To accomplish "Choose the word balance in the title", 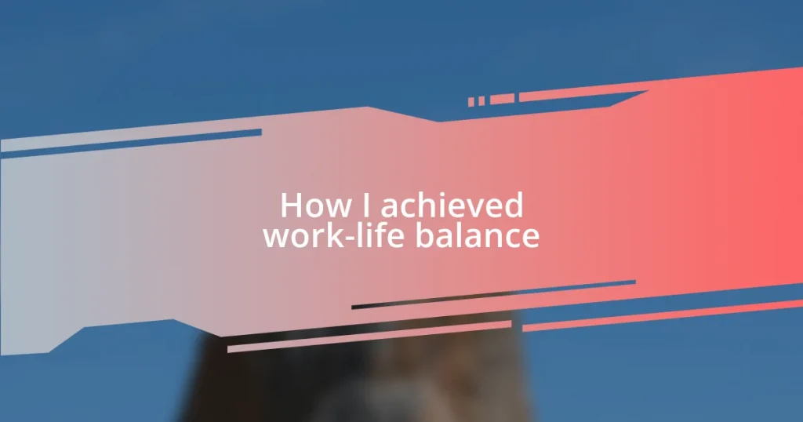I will coord(478,235).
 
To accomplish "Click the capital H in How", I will coord(290,206).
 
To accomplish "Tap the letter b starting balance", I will coord(424,235).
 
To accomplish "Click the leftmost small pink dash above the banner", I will coord(471,102).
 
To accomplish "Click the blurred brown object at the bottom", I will coord(353,384).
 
